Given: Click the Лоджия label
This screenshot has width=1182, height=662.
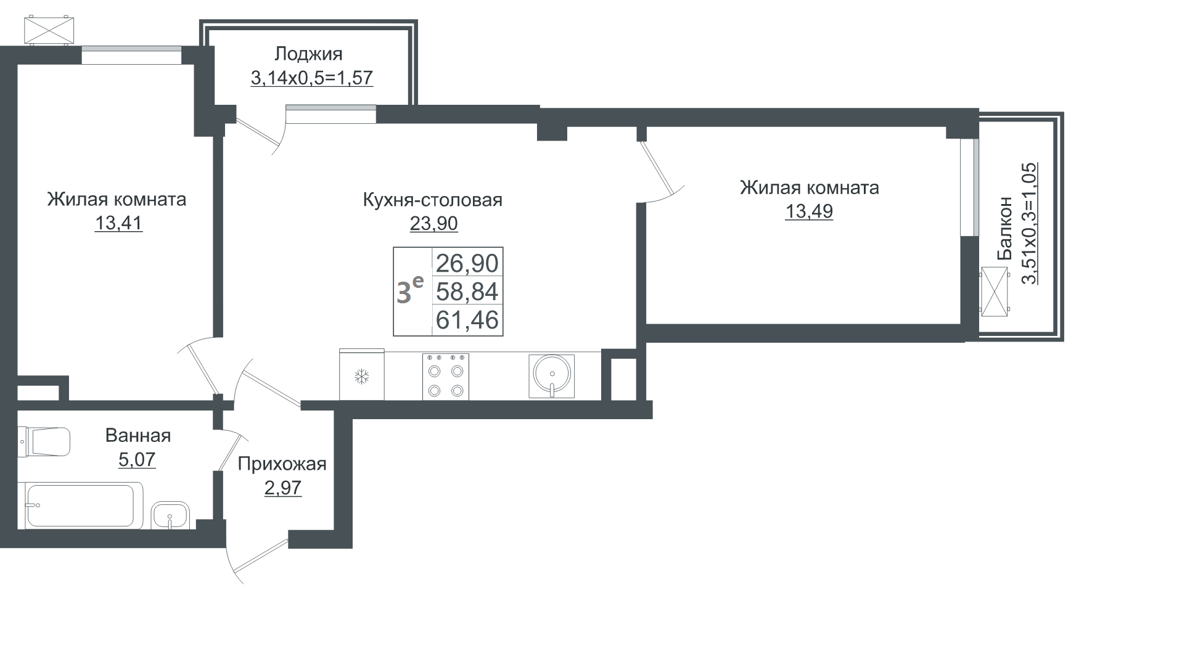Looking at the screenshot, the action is point(308,55).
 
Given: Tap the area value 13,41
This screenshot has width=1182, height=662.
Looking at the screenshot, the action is point(118,223).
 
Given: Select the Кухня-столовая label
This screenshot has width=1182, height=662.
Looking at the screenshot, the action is point(432,200).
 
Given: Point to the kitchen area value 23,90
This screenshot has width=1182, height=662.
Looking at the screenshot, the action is point(434,223).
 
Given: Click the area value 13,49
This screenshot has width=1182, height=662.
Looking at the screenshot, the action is point(809,211).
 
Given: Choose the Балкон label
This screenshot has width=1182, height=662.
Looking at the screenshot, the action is point(1005,228).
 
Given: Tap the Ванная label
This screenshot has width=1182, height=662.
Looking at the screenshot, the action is point(138,435).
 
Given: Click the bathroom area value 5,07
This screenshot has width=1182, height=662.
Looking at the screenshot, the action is point(137,459).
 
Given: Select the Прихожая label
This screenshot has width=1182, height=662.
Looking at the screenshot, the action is point(282,464).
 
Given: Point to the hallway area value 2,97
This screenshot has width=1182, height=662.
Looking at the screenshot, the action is point(283,488).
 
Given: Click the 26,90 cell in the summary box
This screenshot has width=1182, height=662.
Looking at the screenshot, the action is point(467,263).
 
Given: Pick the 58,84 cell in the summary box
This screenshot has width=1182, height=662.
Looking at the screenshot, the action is point(467,292).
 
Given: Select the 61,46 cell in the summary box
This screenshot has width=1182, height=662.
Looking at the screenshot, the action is point(467,320).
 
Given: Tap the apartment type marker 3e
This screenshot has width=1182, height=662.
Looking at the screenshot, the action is point(409,291).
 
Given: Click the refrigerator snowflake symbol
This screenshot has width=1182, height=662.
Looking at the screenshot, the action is point(361,376).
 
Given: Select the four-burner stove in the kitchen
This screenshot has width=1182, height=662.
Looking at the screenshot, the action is point(445,377).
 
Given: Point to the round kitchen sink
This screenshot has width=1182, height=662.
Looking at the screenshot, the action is point(552,375).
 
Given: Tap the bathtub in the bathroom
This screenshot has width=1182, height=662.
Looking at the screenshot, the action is point(83,505).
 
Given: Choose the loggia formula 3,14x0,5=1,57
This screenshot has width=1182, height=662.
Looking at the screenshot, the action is point(312,78).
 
